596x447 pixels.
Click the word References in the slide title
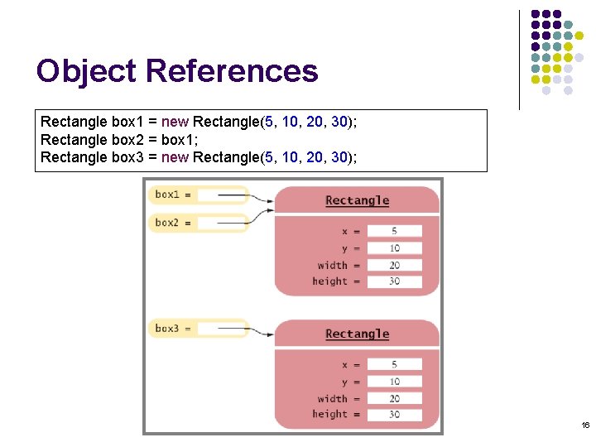pos(232,71)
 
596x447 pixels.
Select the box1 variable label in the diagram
pos(167,195)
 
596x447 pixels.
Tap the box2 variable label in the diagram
pos(167,223)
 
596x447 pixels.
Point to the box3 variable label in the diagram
pos(167,329)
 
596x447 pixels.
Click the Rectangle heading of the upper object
pos(357,200)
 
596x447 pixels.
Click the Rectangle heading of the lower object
pos(357,334)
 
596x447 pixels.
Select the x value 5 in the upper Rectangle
pos(394,232)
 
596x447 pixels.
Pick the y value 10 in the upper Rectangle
pos(394,248)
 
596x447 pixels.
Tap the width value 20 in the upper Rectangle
pos(394,265)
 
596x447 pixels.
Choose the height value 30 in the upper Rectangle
pos(394,281)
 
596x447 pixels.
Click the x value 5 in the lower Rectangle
pos(394,365)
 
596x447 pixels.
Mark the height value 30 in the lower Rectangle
pos(394,415)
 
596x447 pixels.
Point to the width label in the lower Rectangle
pos(332,398)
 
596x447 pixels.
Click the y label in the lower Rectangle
pos(345,382)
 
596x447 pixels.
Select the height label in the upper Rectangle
pos(329,281)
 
